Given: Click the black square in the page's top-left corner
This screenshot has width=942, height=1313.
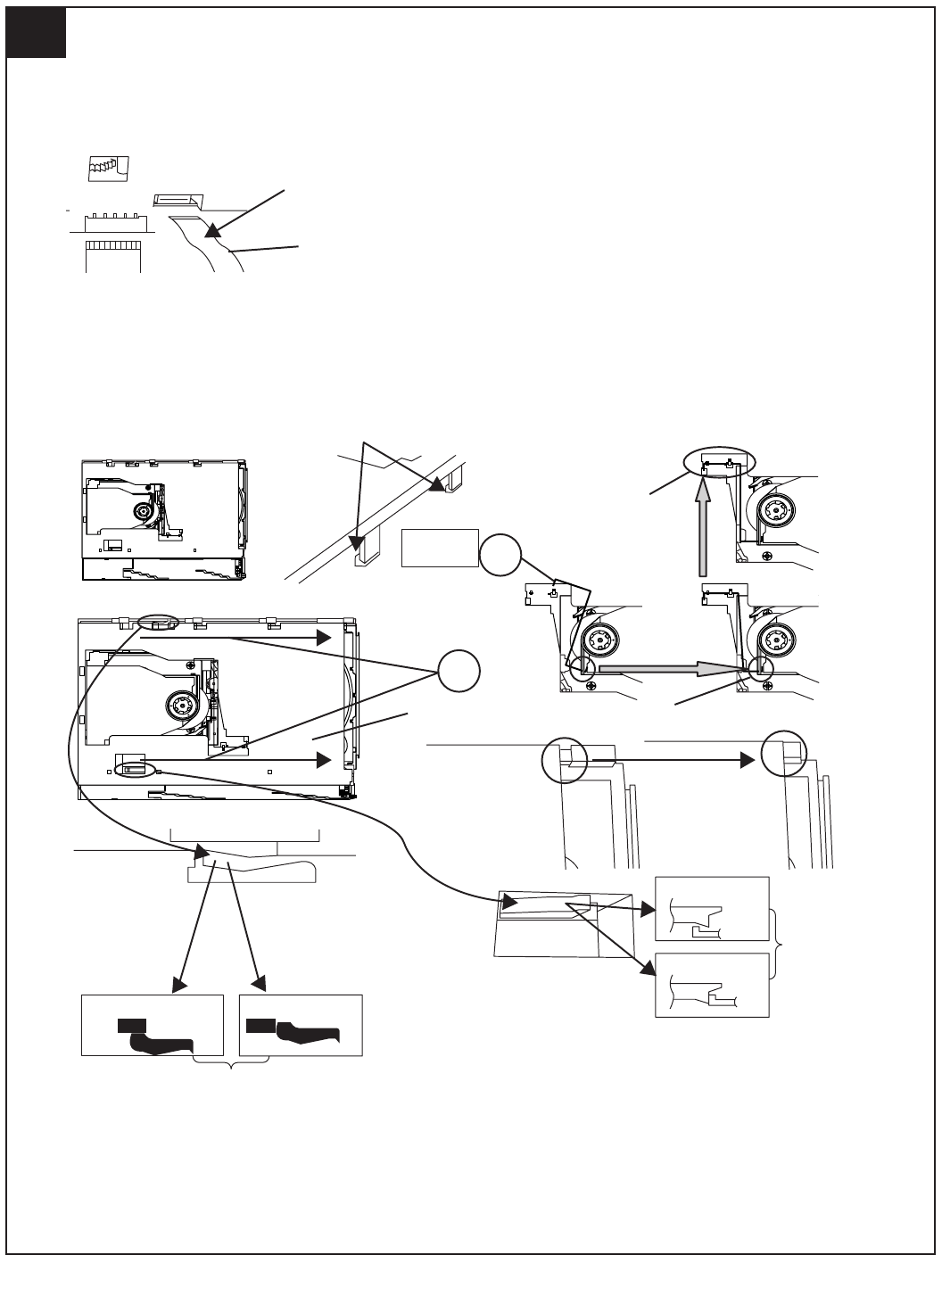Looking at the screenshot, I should point(36,34).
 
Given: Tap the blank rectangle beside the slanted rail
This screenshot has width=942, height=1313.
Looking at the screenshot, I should point(440,547).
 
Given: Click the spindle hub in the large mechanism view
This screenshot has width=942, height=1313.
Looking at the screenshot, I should point(183,706).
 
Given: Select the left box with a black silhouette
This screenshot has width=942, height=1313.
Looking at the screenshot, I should point(152,1025).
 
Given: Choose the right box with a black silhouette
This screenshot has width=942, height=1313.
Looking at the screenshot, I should point(302,1025).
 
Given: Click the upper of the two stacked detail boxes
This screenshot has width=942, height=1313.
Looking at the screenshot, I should point(712,909).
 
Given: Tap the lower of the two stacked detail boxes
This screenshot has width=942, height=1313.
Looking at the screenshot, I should point(712,985).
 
